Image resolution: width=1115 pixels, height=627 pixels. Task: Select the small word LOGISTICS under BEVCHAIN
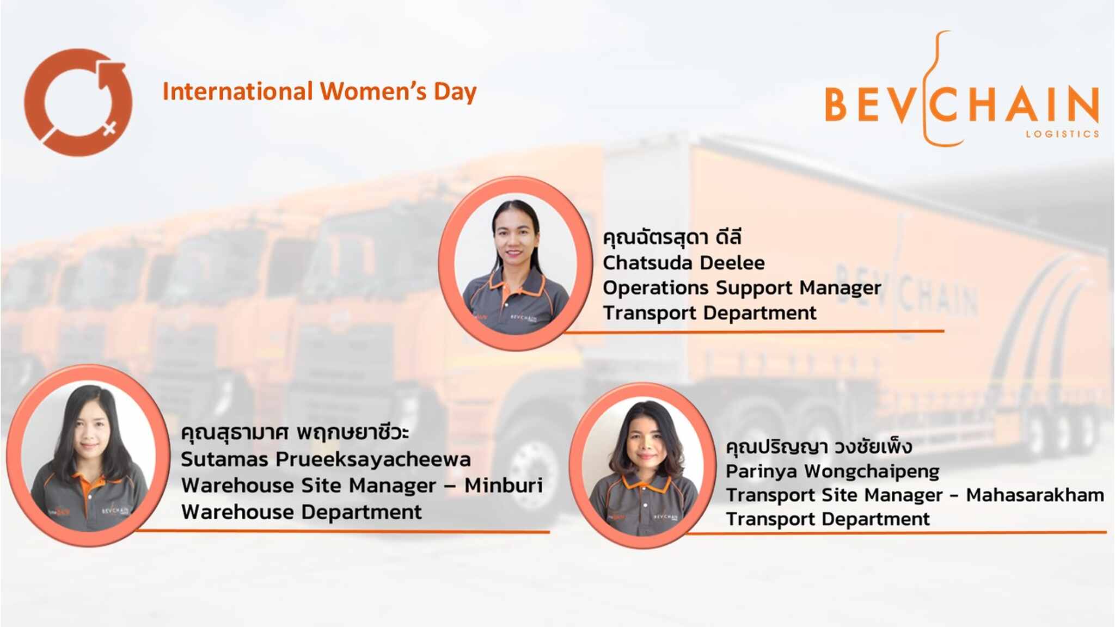coord(1062,134)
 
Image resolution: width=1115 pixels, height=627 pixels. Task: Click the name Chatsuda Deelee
coord(683,263)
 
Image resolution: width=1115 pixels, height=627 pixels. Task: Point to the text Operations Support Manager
coord(742,288)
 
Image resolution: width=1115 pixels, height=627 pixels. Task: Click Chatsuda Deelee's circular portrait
coord(515,263)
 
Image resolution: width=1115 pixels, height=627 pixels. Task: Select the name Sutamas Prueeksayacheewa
coord(326,459)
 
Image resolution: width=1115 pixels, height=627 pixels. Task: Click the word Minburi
coord(504,485)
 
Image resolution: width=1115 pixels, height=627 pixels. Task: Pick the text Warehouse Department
coord(301,512)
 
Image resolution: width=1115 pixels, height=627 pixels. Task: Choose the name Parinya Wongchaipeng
coord(832,471)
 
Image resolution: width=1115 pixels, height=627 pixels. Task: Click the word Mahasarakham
coord(1035,495)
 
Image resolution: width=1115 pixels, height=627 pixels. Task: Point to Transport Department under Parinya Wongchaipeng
coord(828,519)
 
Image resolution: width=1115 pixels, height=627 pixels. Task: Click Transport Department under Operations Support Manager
coord(709,313)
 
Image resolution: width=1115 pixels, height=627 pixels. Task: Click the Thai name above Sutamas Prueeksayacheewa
coord(295,433)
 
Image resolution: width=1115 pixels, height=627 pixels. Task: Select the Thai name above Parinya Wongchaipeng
coord(819,447)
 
